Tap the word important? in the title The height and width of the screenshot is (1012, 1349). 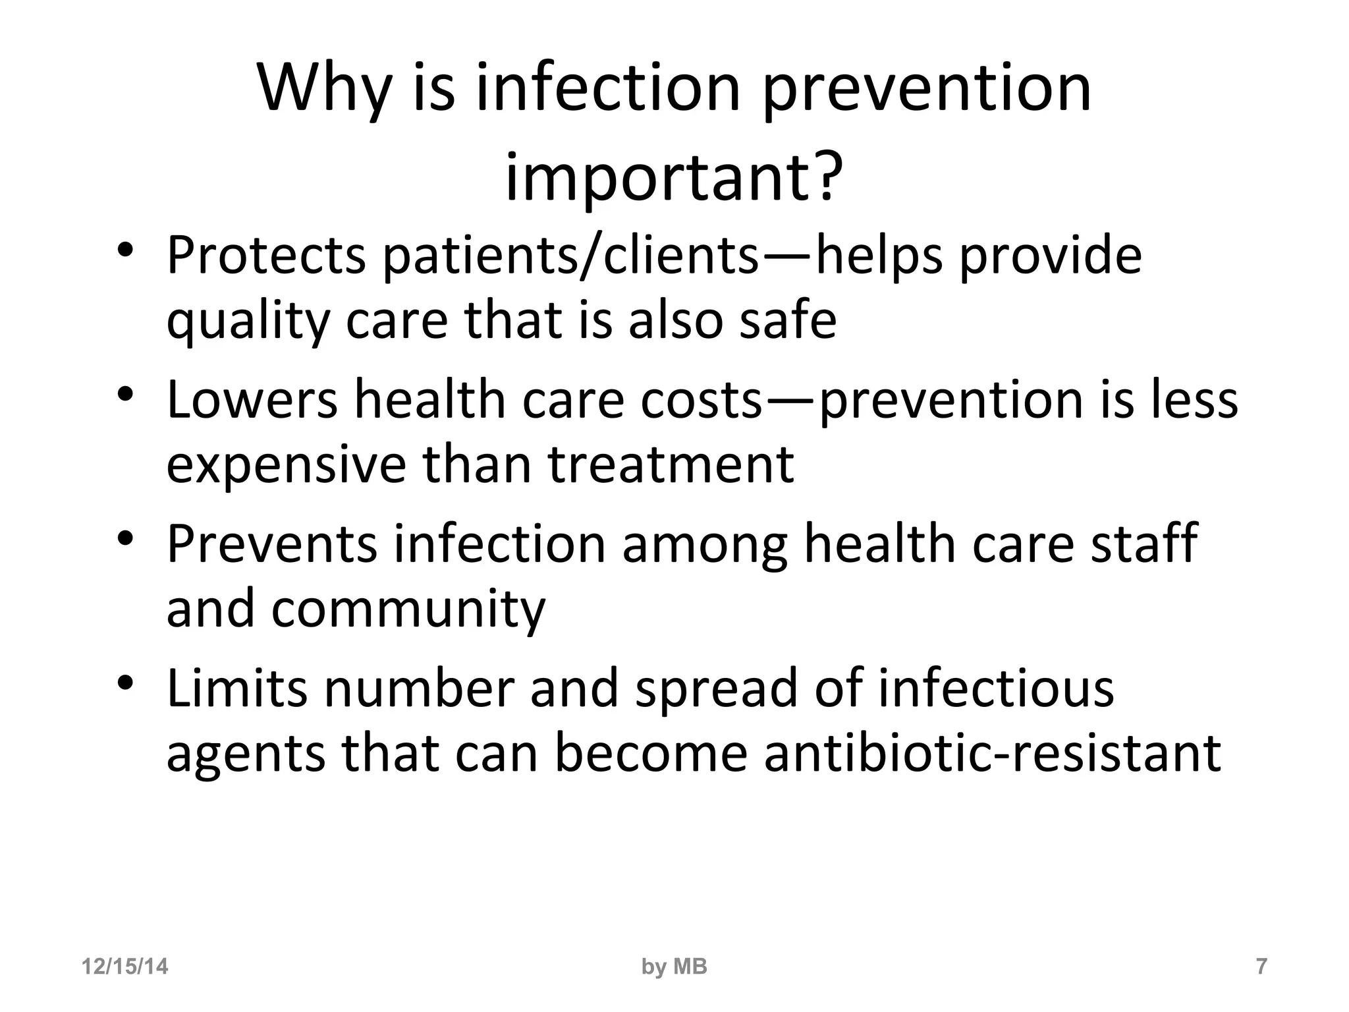click(x=673, y=178)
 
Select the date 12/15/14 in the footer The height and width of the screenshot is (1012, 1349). click(x=124, y=967)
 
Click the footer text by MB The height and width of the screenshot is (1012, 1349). click(x=674, y=967)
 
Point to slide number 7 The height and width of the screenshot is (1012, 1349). click(x=1261, y=967)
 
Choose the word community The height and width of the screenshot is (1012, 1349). click(x=408, y=610)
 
